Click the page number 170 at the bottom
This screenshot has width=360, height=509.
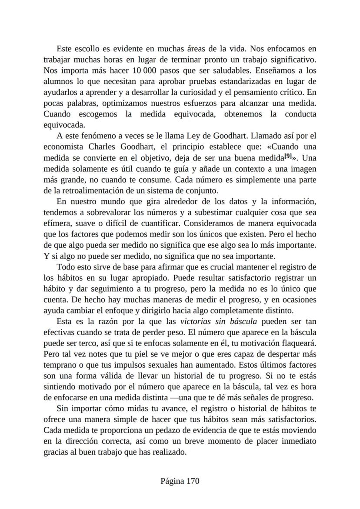pyautogui.click(x=192, y=481)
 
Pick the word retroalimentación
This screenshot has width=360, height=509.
pyautogui.click(x=90, y=190)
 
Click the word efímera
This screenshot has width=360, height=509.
pyautogui.click(x=57, y=223)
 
